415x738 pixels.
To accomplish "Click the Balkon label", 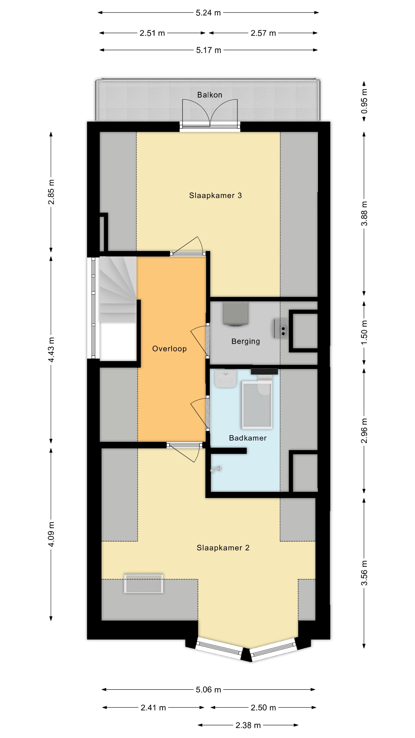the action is click(209, 95).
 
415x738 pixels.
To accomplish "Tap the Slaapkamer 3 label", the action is click(215, 195).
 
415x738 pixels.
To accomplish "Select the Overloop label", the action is click(169, 349).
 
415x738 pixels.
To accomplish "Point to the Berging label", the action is click(246, 341).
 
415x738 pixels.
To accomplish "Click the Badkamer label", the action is click(248, 438).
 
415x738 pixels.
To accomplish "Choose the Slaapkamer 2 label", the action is click(223, 548).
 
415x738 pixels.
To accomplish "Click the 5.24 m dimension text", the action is click(208, 13).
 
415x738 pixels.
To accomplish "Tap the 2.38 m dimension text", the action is click(248, 725).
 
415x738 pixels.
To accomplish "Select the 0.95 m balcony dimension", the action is click(364, 101).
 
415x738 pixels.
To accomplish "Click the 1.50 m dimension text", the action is click(364, 333).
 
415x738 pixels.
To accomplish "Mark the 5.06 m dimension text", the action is click(208, 690).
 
